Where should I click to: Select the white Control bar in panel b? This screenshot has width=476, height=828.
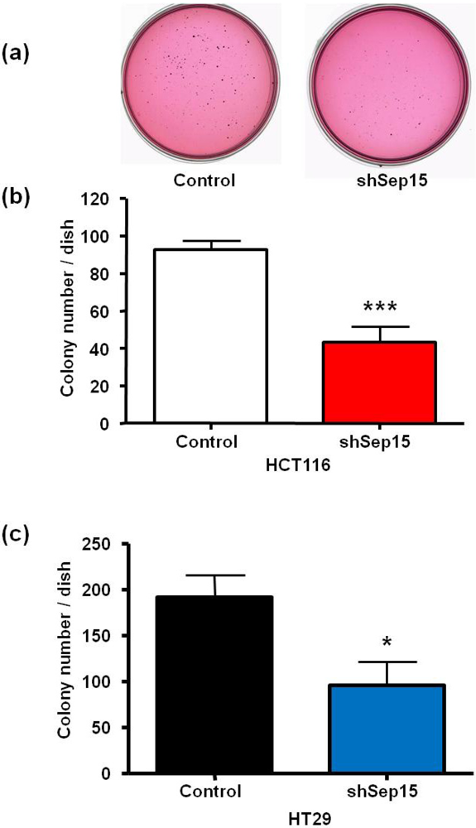(209, 335)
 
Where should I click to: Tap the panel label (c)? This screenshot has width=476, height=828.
(19, 533)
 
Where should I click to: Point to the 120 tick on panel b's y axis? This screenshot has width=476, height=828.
(99, 200)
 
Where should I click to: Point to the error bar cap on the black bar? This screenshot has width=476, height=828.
(215, 575)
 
